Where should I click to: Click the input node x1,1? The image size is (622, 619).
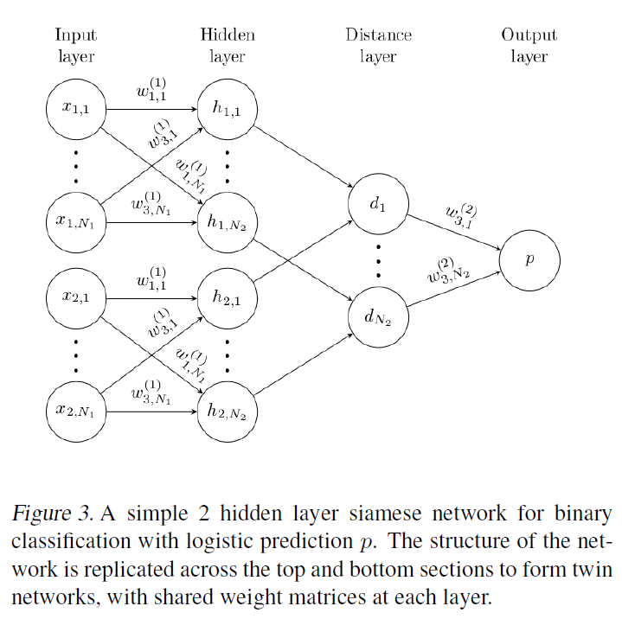coord(75,109)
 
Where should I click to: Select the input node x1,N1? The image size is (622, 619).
coord(75,221)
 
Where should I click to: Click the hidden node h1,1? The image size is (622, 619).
coord(227,109)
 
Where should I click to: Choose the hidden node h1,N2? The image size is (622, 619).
coord(227,221)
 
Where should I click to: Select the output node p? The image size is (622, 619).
coord(529,258)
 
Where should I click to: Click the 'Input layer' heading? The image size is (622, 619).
coord(75,45)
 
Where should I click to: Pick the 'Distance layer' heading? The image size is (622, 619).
coord(378,45)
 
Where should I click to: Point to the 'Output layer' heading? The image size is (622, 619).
coord(529,45)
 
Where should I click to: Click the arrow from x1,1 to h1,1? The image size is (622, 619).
coord(151,110)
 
